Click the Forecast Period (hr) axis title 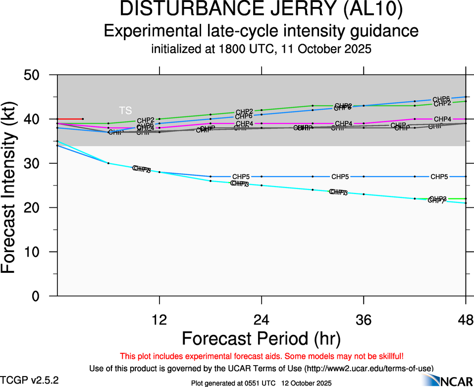(x=262, y=338)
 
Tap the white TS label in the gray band (x=125, y=110)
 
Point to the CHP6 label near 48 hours (x=441, y=99)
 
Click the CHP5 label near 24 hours (x=241, y=177)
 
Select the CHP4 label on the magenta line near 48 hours (x=442, y=119)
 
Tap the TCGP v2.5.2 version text (x=30, y=380)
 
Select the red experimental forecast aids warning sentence (x=262, y=356)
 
